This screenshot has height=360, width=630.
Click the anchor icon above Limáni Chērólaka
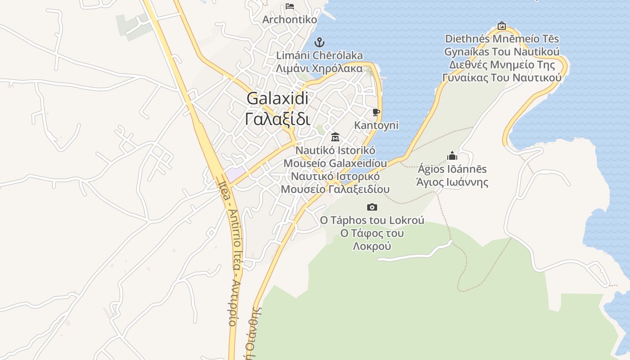pos(319,43)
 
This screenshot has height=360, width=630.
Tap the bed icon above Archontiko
pos(290,6)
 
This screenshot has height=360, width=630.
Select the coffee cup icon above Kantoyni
pos(376,112)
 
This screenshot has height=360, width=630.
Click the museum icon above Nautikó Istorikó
pos(335,137)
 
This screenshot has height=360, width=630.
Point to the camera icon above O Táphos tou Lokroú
pos(372,207)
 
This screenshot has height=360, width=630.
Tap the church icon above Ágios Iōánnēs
pos(452,156)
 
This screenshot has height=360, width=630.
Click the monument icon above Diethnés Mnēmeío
pos(502,26)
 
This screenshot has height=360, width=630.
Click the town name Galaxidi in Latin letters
pos(278,99)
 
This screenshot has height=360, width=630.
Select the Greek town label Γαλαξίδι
pos(278,119)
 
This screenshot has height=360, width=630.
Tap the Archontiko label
pos(290,20)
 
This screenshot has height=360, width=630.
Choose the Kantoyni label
pos(376,125)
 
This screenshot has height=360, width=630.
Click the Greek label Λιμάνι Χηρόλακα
pos(319,69)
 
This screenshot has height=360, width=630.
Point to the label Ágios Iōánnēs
pos(452,169)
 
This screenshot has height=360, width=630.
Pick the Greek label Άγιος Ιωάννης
pos(452,182)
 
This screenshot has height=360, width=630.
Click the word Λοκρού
pos(372,246)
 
